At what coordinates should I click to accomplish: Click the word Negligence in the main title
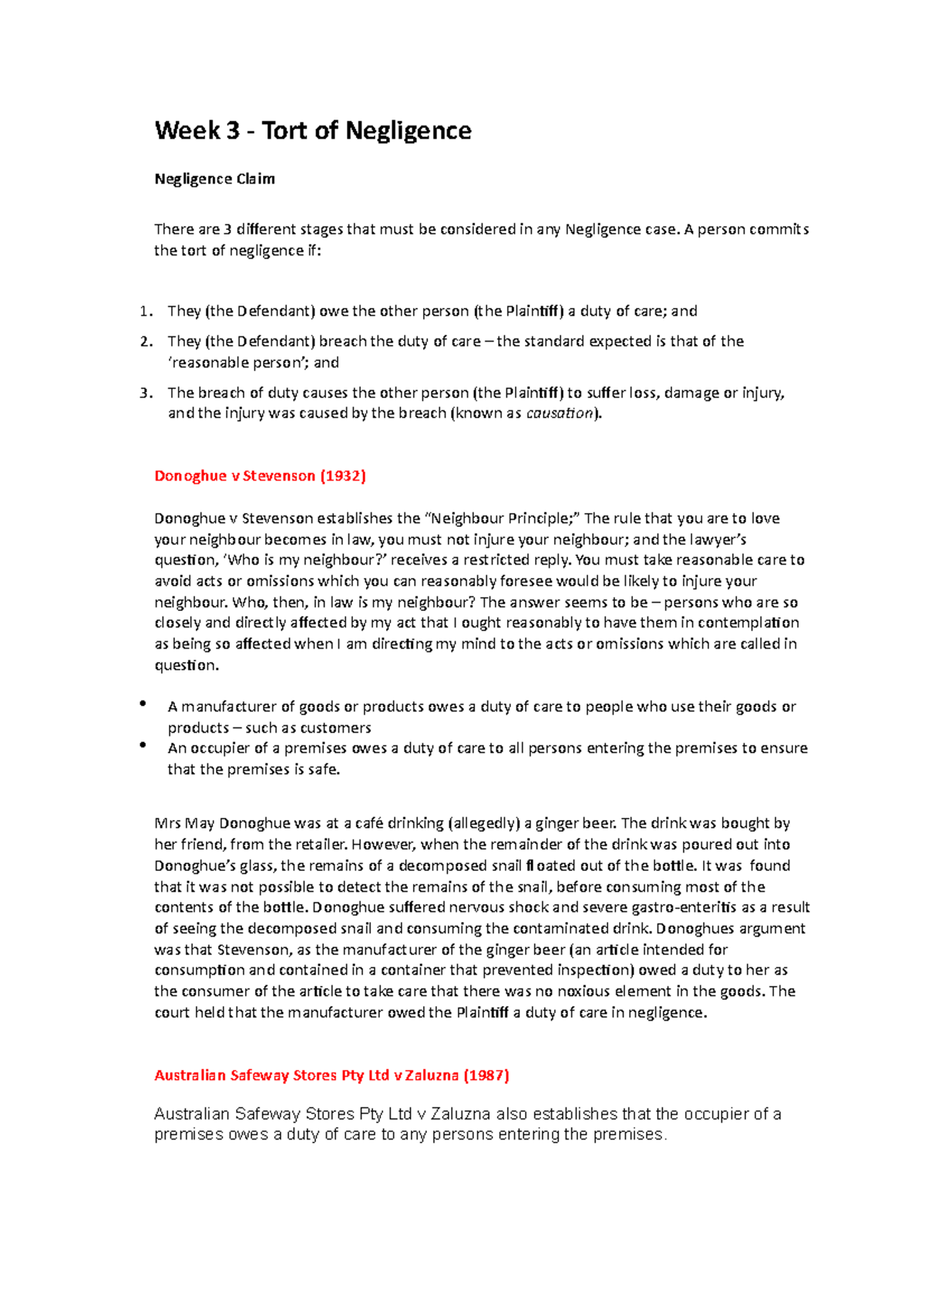(x=408, y=131)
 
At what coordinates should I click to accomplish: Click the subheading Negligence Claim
(x=214, y=179)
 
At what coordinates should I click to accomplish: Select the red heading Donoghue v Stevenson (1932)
(x=260, y=476)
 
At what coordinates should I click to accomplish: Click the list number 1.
(x=144, y=312)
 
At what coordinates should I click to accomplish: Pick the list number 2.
(x=144, y=342)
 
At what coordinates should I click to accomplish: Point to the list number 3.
(x=144, y=393)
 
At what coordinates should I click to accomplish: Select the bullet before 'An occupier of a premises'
(x=143, y=745)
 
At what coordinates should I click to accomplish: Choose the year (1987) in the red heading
(x=486, y=1075)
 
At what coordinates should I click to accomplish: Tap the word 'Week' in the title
(x=187, y=131)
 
